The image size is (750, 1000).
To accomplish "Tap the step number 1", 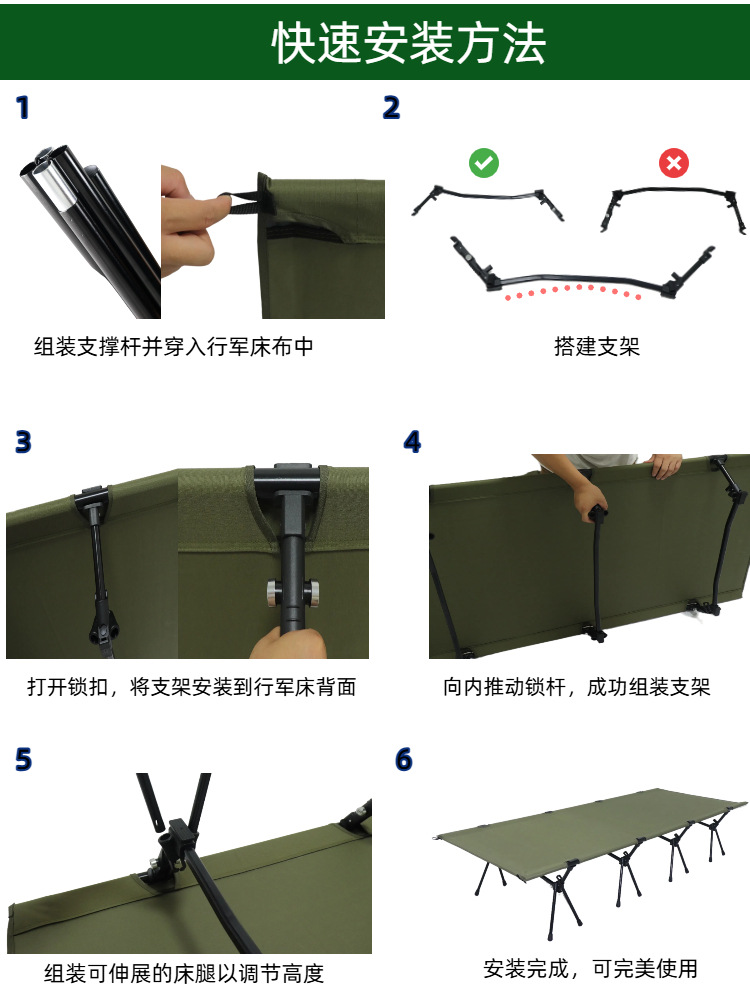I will click(23, 108).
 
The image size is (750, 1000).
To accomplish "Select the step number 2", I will click(391, 108).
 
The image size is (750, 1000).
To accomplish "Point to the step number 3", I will click(23, 441).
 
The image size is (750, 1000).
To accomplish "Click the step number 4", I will click(412, 442).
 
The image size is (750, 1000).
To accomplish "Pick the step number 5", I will click(23, 761).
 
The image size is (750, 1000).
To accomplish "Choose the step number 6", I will click(404, 760).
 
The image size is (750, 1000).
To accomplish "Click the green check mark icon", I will click(484, 163).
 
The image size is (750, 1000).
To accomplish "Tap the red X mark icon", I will click(673, 163).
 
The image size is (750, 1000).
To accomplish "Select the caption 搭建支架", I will click(596, 347).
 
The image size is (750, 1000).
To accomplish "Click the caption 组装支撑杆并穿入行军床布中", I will click(174, 347).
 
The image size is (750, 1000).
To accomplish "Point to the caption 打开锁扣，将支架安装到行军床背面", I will click(191, 687).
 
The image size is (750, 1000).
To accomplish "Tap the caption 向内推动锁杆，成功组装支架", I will click(576, 687).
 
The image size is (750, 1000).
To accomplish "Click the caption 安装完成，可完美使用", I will click(590, 968).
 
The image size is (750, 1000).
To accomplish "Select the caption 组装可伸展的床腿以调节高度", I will click(184, 973).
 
